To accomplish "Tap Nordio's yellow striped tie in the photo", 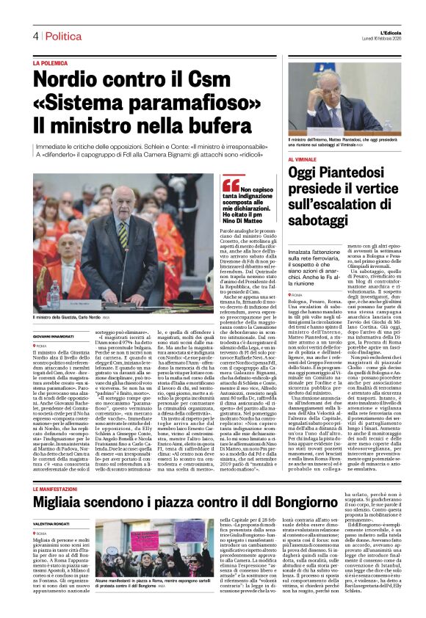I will (x=122, y=230).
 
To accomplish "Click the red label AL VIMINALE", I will (x=302, y=159).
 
